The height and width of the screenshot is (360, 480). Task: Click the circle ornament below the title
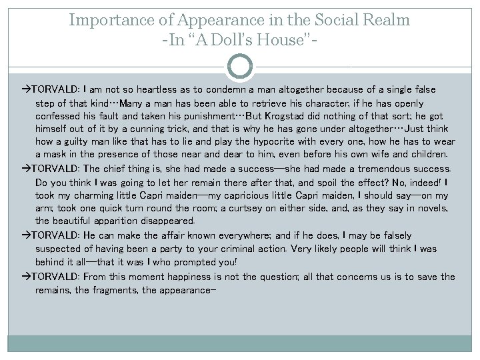240,67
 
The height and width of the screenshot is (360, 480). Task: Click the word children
423,155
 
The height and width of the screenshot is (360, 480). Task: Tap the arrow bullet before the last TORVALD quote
26,277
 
